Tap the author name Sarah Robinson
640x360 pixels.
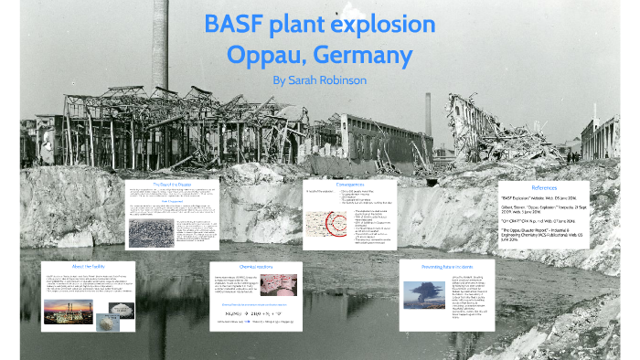319,80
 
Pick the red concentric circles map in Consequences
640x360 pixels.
325,225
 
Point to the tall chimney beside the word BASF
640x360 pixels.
161,46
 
